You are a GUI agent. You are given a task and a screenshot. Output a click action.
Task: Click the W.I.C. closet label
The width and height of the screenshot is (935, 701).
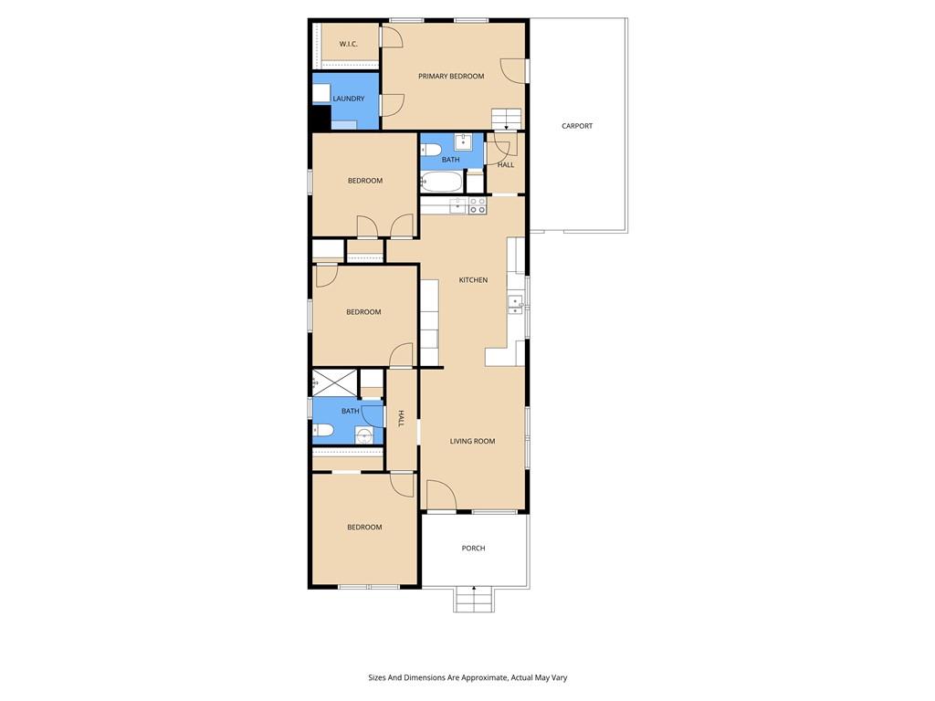(348, 44)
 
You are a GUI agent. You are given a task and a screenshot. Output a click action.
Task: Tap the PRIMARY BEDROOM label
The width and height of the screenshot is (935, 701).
(451, 76)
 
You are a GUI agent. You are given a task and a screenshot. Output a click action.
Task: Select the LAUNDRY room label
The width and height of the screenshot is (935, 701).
(348, 99)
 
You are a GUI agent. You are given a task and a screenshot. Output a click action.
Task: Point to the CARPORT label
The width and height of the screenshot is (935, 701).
(576, 126)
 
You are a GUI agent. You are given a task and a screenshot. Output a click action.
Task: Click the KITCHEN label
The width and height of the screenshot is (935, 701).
(472, 280)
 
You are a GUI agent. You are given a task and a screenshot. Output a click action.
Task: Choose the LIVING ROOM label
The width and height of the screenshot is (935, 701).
(472, 441)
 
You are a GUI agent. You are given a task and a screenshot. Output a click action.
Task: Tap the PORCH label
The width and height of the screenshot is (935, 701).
(473, 549)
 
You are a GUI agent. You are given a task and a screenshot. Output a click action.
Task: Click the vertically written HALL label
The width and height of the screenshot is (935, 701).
(400, 419)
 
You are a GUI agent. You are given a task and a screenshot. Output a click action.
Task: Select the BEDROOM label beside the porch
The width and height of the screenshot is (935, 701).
(363, 528)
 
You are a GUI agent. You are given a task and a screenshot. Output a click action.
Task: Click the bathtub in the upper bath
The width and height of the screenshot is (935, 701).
(442, 183)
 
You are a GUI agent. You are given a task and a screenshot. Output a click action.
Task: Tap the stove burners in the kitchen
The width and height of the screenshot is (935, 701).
(478, 205)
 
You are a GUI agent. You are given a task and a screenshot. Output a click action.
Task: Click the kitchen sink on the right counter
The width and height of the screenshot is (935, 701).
(516, 304)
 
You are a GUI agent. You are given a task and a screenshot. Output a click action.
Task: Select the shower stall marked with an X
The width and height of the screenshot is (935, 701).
(334, 382)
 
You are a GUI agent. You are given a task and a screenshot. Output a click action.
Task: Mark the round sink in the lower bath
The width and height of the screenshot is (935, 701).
(365, 434)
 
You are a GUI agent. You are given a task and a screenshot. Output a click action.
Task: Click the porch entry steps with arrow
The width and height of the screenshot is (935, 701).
(473, 600)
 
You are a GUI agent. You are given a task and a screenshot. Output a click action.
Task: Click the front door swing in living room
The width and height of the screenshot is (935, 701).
(440, 496)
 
